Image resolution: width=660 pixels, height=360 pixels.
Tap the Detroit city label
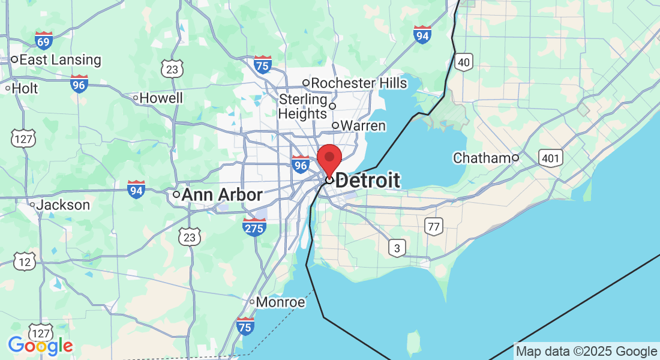tap(367, 180)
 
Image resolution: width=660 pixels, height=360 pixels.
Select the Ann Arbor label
tap(222, 195)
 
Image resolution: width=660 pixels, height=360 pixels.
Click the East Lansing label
tap(60, 60)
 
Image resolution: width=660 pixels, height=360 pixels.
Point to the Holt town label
tap(25, 88)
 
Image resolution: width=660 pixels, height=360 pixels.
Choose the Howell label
tap(161, 98)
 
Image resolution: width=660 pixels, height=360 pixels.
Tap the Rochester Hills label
tap(359, 83)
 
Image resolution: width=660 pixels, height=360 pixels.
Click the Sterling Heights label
tap(303, 106)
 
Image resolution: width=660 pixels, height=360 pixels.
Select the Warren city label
tap(362, 126)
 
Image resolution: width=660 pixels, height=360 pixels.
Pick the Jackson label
tap(62, 205)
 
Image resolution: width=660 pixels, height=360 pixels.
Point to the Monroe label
tap(280, 302)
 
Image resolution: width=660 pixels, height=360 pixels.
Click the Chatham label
tap(482, 158)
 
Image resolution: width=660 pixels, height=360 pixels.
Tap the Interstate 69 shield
tap(44, 41)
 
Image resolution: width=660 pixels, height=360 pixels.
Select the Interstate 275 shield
tap(254, 227)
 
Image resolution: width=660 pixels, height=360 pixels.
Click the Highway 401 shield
tap(551, 158)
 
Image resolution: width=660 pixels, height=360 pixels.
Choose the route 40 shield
tap(464, 62)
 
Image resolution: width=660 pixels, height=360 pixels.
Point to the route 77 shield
tap(433, 226)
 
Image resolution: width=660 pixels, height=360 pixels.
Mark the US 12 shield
tap(25, 262)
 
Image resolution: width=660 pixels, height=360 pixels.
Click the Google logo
tap(40, 346)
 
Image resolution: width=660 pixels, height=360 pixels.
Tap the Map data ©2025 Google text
tap(586, 352)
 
